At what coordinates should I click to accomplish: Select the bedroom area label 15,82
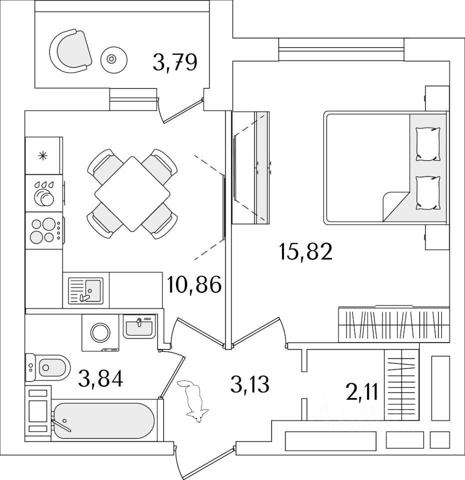coord(306,253)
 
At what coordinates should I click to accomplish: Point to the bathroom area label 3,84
coord(100,378)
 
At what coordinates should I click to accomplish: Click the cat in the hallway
coord(193,400)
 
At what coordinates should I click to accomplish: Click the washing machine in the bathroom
coord(101,331)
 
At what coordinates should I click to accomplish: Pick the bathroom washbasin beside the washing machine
coord(138,327)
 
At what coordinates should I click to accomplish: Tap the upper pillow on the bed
coord(428,144)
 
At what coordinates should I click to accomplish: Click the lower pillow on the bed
coord(428,193)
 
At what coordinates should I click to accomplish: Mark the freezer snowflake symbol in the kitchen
coord(43,155)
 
